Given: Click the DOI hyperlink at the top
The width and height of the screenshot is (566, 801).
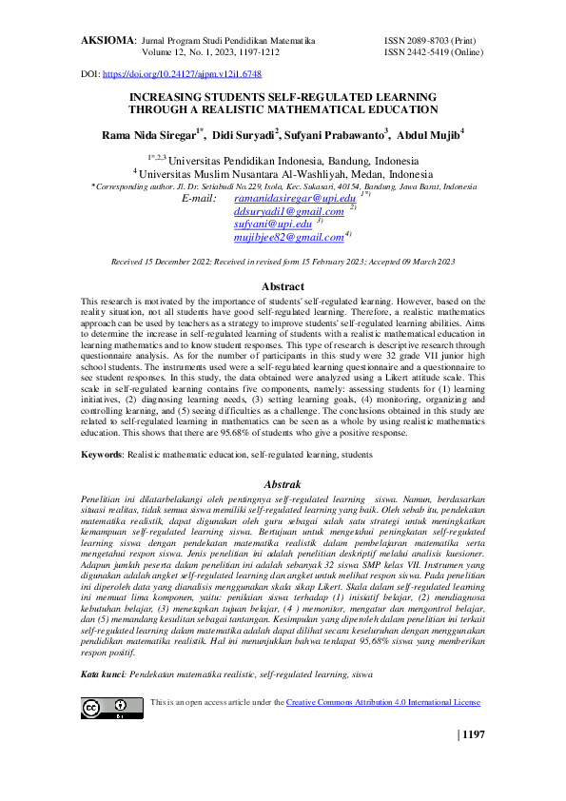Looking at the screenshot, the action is click(181, 73).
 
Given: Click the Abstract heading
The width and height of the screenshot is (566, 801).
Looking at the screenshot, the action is click(283, 286).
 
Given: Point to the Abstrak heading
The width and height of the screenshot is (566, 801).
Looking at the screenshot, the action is click(283, 483).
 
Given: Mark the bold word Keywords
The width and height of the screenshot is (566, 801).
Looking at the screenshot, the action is click(102, 455).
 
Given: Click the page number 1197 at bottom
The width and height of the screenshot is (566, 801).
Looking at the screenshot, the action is click(473, 734).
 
